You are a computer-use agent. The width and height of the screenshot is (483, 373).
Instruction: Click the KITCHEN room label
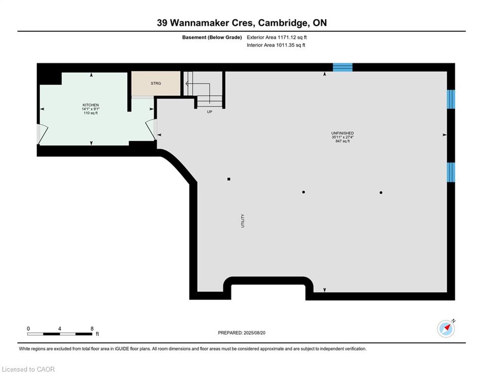click(91, 105)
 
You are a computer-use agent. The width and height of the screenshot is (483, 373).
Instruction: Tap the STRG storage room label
click(156, 83)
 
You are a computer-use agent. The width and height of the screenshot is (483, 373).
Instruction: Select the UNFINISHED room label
click(343, 133)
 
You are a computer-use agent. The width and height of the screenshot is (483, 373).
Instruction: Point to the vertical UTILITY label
click(242, 220)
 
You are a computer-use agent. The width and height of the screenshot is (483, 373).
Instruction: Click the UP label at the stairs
click(210, 112)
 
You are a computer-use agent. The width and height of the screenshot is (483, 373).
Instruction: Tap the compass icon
click(446, 329)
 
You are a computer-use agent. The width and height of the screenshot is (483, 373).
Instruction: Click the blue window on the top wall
click(343, 67)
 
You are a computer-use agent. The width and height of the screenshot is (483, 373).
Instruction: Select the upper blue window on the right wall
click(451, 99)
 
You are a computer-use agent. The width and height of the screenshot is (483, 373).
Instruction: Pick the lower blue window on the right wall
click(451, 172)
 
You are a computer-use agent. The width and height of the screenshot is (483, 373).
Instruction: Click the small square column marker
click(229, 179)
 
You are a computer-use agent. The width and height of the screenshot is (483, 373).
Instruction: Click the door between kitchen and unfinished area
click(151, 130)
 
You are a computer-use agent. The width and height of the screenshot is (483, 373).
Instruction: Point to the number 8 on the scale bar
click(92, 329)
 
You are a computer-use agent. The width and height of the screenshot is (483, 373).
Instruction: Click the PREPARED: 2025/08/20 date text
click(242, 333)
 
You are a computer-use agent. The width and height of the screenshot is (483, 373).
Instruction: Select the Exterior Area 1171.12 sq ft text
click(277, 37)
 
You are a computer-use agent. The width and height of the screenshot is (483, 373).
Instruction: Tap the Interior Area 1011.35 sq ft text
click(276, 45)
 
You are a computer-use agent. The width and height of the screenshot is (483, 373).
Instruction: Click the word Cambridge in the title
click(283, 23)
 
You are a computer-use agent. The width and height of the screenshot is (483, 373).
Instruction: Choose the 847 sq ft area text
click(343, 141)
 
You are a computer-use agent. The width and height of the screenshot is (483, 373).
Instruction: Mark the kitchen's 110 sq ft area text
click(91, 113)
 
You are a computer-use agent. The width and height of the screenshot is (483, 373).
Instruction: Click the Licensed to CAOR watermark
click(28, 369)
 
